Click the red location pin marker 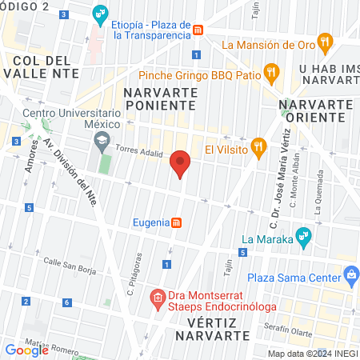click(x=180, y=164)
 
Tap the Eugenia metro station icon click(x=177, y=222)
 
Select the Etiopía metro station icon click(x=197, y=30)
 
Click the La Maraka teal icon click(x=302, y=236)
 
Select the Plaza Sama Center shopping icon click(x=350, y=276)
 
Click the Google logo click(x=26, y=350)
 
